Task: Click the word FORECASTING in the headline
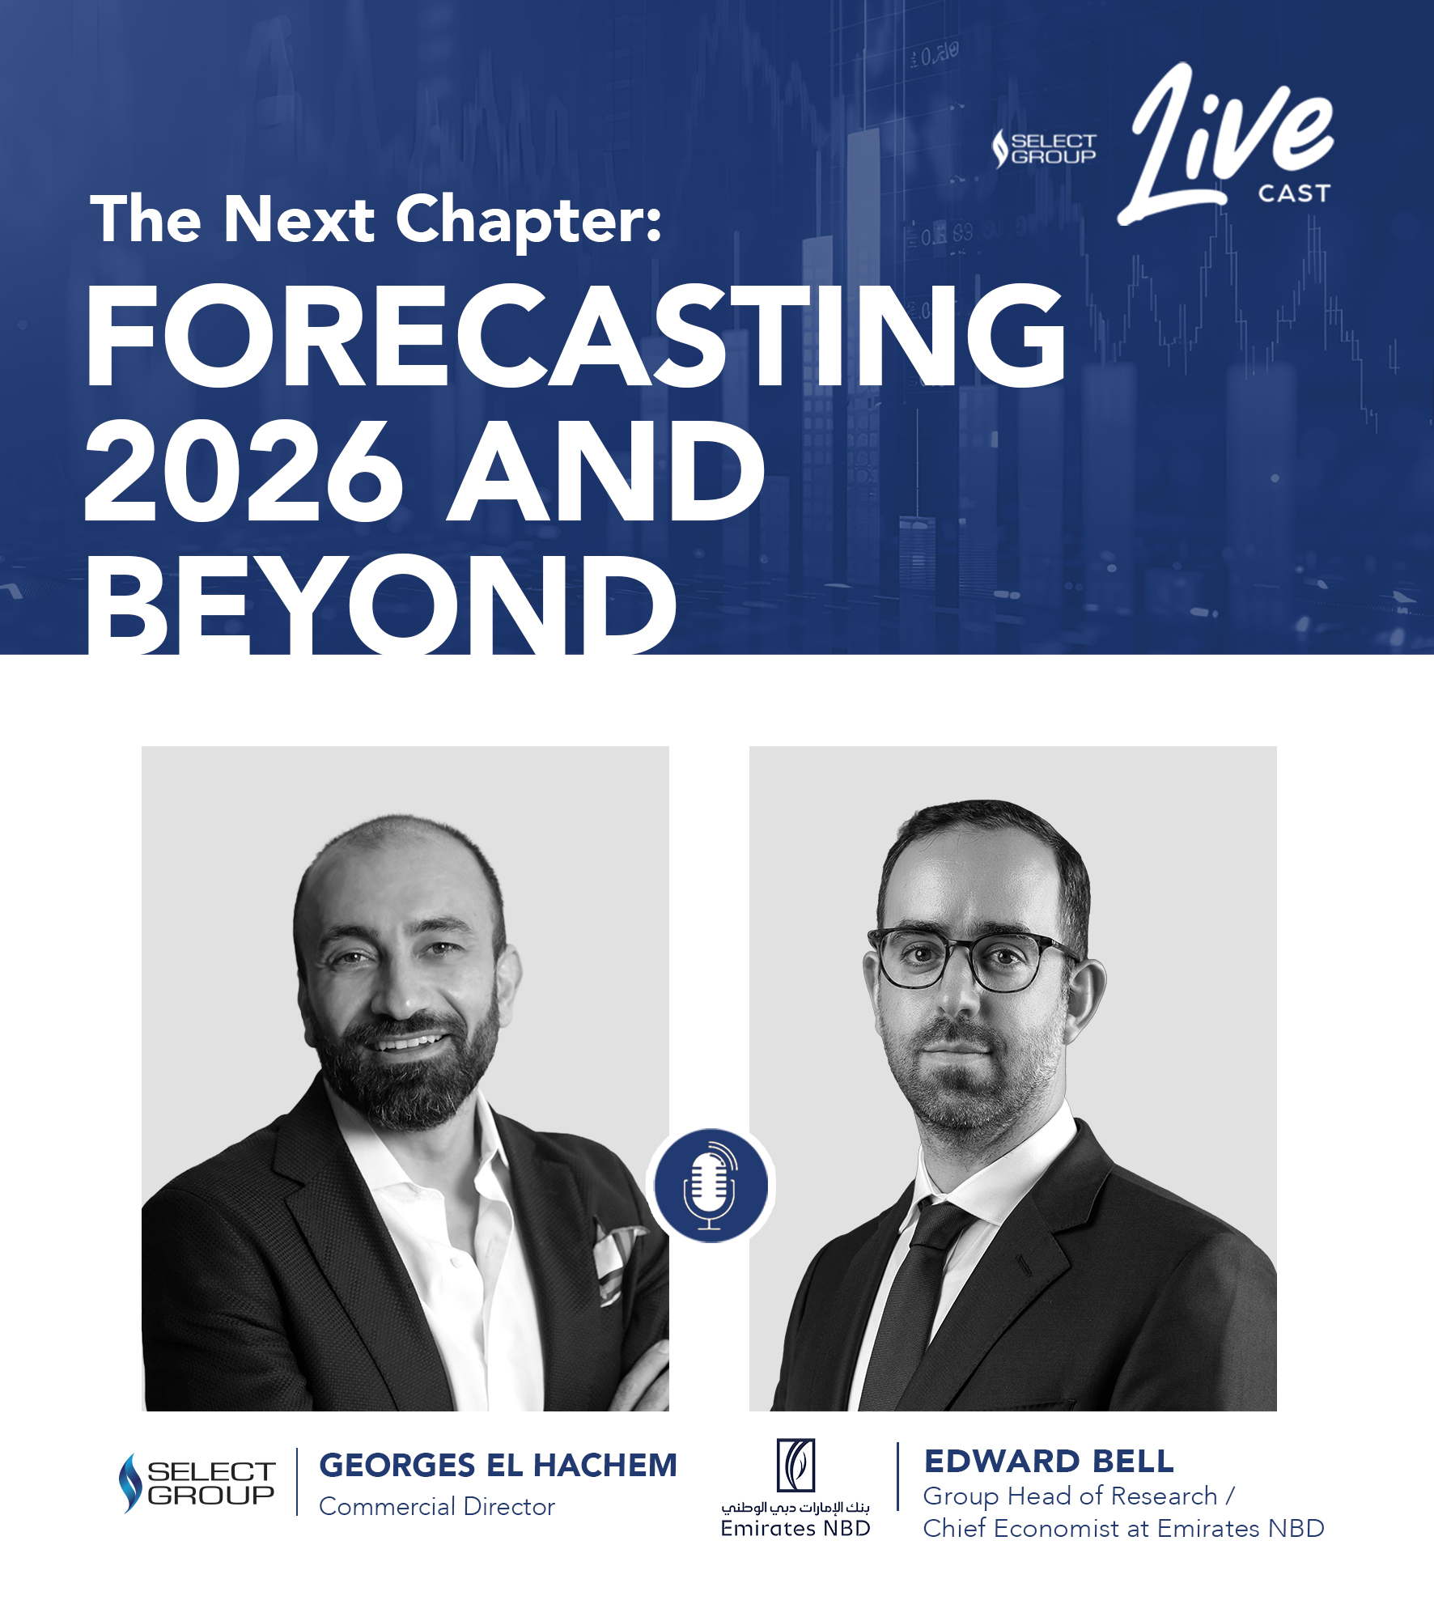tap(575, 335)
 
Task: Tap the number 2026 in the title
tap(244, 471)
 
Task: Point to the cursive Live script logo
tap(1225, 144)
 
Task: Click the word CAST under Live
tap(1294, 193)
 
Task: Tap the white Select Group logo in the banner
tap(1044, 149)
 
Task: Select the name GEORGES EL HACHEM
tap(498, 1466)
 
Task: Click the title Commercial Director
tap(437, 1507)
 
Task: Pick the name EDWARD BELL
tap(1049, 1462)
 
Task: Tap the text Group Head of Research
tap(1070, 1496)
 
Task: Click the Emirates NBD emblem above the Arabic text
tap(795, 1465)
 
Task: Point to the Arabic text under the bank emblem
tap(795, 1508)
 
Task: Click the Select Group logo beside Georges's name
tap(197, 1483)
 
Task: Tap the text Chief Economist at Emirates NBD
tap(1124, 1529)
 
